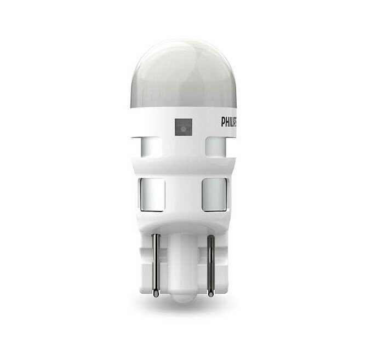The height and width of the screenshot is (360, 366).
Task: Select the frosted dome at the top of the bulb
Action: pyautogui.click(x=183, y=60)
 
